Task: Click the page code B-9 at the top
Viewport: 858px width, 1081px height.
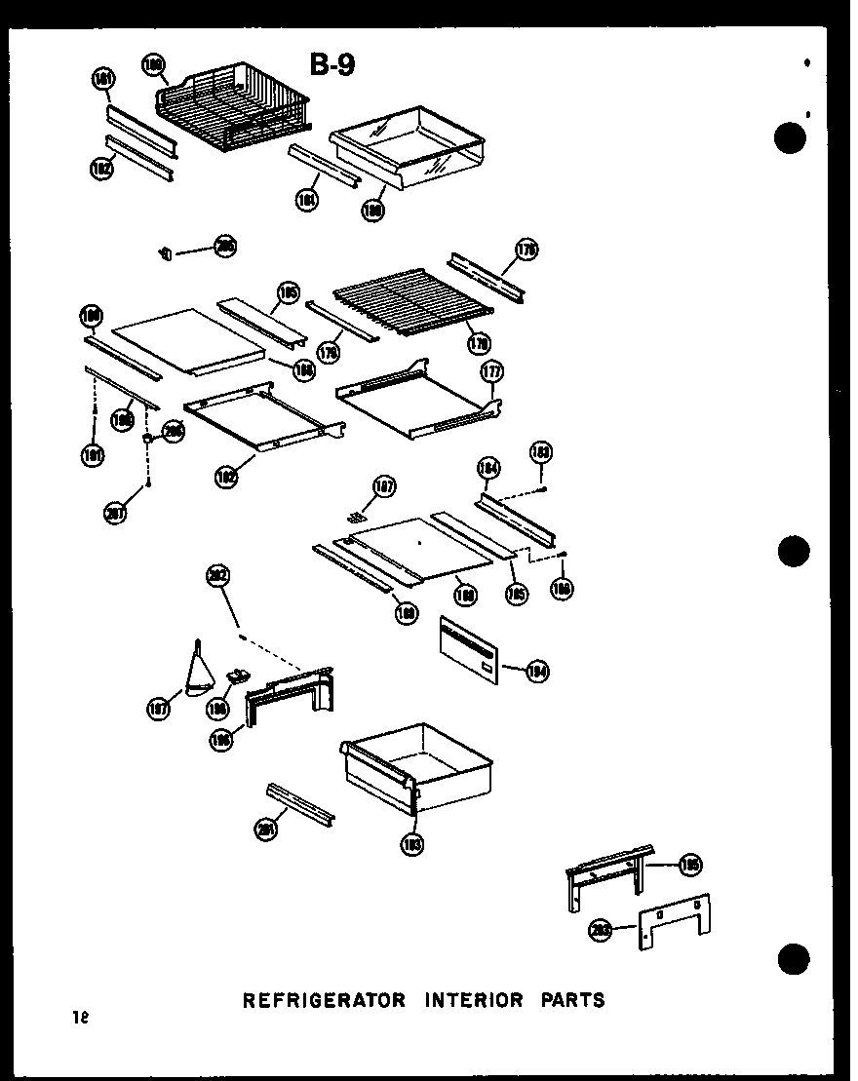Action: coord(332,64)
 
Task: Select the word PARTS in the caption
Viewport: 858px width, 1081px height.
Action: coord(567,999)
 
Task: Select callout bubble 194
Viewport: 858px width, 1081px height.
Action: coord(536,670)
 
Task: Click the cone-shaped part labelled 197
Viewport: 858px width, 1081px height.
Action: coord(201,672)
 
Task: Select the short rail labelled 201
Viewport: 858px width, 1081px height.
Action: coord(301,800)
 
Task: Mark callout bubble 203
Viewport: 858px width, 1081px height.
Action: coord(602,930)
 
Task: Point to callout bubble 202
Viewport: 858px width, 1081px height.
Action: coord(217,576)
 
